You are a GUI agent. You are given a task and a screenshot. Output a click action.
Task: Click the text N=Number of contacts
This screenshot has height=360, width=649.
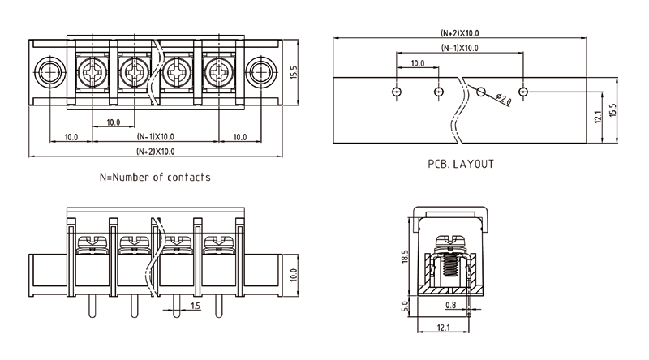click(155, 177)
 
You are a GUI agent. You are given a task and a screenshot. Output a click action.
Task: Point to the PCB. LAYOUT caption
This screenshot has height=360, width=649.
click(461, 164)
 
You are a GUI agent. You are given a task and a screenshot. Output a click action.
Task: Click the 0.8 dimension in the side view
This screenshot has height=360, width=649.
click(451, 306)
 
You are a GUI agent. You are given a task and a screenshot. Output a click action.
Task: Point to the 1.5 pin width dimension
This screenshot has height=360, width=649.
click(196, 306)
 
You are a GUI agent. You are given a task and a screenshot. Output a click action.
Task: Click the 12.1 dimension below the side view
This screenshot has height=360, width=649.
click(442, 327)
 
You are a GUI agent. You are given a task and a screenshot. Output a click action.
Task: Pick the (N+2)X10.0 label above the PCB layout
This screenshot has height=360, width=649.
click(460, 33)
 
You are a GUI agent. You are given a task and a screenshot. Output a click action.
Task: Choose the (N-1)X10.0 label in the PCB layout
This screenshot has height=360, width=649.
click(460, 48)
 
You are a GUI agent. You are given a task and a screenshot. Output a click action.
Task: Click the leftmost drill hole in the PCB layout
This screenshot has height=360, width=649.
click(396, 91)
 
